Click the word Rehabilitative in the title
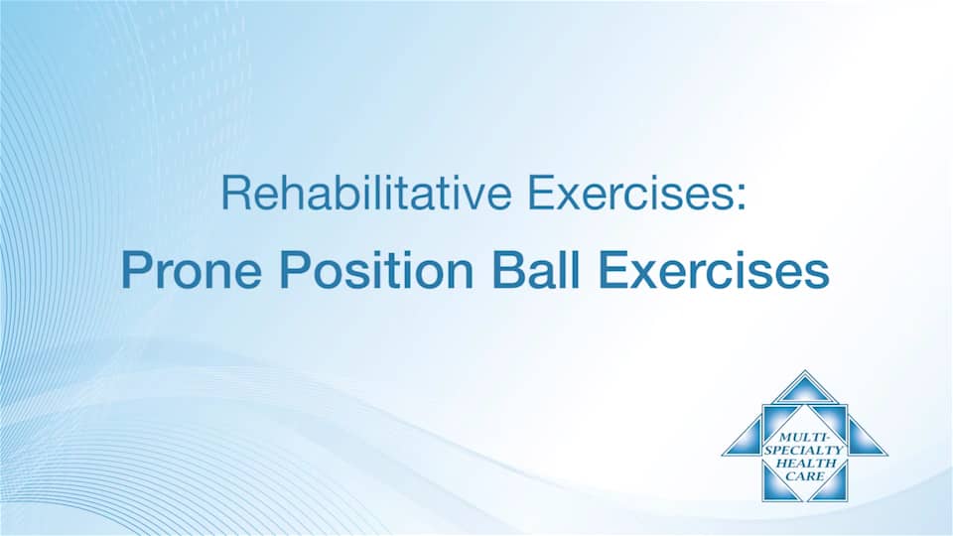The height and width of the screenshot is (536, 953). tap(366, 193)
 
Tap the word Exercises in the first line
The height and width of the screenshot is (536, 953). tap(629, 193)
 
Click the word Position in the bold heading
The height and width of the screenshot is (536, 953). tap(377, 270)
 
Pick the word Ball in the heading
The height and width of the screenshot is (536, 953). tap(535, 270)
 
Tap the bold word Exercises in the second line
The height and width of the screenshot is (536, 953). tap(714, 270)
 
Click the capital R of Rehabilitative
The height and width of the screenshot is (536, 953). tap(234, 193)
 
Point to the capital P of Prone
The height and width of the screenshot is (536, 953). tap(136, 270)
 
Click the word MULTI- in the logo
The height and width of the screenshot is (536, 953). tap(803, 438)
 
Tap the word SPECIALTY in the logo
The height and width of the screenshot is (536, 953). tap(803, 451)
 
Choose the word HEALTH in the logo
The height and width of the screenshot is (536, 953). tap(803, 464)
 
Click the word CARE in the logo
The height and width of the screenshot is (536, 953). tap(805, 476)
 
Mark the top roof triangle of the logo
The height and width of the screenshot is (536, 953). tap(805, 389)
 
